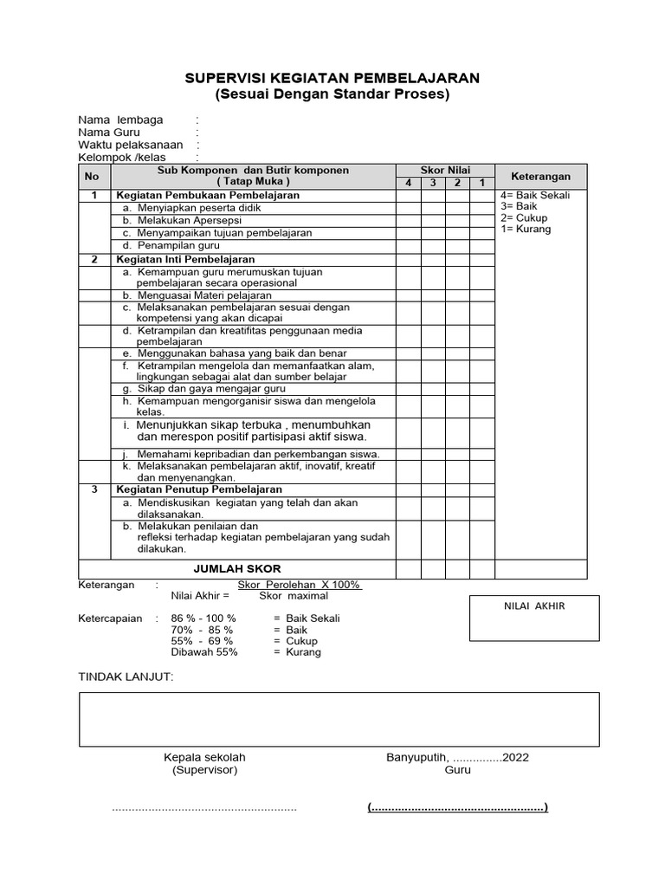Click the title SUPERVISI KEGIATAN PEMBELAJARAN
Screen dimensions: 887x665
332,79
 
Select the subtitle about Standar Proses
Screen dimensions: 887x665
332,94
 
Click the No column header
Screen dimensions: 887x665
93,177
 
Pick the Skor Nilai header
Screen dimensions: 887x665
445,171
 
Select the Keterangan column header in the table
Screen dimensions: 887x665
540,177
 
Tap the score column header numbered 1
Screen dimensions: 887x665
482,184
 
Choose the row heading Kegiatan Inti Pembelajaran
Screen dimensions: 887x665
185,260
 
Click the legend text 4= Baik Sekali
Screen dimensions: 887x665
535,196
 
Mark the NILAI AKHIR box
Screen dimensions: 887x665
533,618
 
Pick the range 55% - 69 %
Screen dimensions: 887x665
202,641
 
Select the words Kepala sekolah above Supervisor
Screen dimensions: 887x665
204,757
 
